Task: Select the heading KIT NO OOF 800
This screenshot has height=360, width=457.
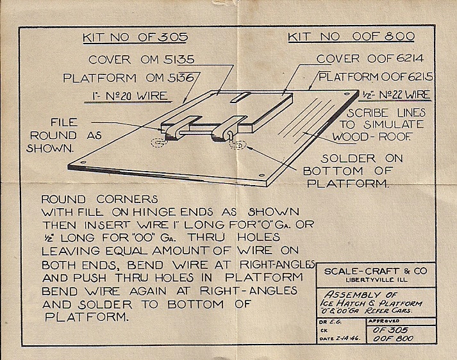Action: point(351,37)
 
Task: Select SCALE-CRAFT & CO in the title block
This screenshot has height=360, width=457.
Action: point(374,270)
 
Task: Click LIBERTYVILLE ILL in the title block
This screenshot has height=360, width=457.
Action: point(376,280)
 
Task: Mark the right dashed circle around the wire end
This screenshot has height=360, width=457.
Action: point(237,145)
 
